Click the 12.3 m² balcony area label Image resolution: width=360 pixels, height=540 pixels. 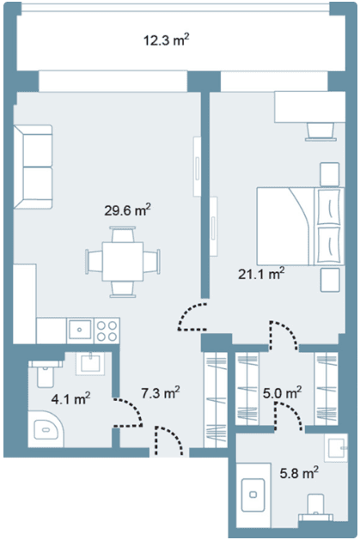tap(167, 40)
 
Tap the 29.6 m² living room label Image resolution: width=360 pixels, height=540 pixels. tap(127, 209)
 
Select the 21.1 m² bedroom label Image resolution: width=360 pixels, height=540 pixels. tap(261, 274)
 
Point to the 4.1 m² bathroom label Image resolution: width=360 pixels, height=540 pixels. tap(70, 399)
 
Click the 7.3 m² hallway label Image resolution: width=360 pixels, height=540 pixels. tap(161, 392)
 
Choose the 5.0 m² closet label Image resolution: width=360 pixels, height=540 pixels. tap(282, 392)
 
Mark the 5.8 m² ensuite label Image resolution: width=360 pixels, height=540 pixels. tap(299, 473)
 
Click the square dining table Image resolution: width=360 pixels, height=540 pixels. tap(123, 261)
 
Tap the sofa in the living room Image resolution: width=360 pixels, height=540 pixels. tap(33, 167)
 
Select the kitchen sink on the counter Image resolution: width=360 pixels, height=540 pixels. tap(80, 330)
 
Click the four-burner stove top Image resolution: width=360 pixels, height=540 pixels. tap(107, 331)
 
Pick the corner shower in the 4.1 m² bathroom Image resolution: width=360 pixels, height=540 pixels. tap(46, 428)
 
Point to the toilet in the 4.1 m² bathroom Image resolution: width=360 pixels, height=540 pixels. tap(46, 373)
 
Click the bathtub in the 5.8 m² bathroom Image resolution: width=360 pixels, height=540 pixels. tap(253, 495)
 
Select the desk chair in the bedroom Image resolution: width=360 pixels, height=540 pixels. tap(320, 131)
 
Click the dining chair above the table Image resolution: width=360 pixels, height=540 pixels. tap(123, 234)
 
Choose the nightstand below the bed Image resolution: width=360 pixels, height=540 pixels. tap(330, 280)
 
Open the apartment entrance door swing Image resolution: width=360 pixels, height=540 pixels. tap(168, 441)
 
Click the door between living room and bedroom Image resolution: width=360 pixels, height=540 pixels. tap(192, 317)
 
